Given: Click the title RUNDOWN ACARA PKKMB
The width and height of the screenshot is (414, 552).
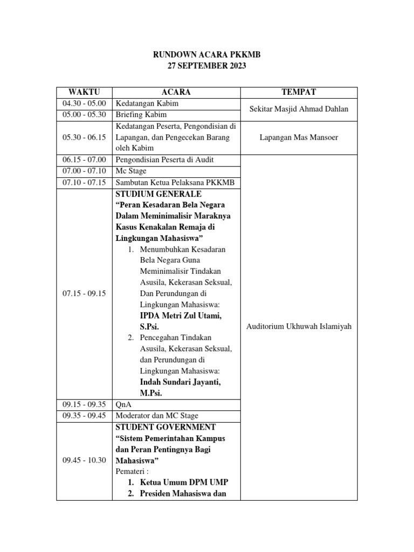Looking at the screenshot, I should pyautogui.click(x=208, y=54).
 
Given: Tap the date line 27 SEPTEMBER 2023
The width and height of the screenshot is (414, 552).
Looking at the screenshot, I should pyautogui.click(x=208, y=66).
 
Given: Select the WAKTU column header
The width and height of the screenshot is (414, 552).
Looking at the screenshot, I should pyautogui.click(x=85, y=92).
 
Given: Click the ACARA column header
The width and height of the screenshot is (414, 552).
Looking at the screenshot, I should pyautogui.click(x=176, y=92).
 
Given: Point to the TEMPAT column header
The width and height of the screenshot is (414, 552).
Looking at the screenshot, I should pyautogui.click(x=298, y=92).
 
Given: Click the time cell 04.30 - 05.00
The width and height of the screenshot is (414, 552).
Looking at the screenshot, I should pyautogui.click(x=85, y=103).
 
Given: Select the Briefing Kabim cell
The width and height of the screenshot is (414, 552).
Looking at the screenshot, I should pyautogui.click(x=142, y=115).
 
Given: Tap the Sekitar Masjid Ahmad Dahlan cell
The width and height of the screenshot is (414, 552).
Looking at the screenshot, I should pyautogui.click(x=298, y=109).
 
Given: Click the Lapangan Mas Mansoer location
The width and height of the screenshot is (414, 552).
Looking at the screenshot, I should pyautogui.click(x=298, y=137).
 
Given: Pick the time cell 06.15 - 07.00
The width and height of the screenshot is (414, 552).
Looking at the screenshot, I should pyautogui.click(x=85, y=160).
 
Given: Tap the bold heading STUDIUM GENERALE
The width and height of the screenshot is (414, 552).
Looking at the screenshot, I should pyautogui.click(x=158, y=194).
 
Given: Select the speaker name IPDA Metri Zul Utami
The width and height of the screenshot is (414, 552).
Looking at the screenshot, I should pyautogui.click(x=181, y=315).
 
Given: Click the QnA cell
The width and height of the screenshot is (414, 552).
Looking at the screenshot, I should pyautogui.click(x=124, y=404).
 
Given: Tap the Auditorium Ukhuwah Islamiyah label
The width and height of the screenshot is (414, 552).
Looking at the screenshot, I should pyautogui.click(x=298, y=327).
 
